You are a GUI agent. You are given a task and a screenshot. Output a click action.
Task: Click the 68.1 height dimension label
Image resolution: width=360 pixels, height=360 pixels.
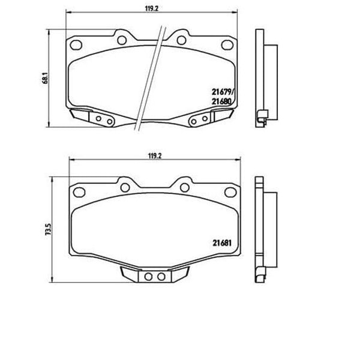coord(45,79)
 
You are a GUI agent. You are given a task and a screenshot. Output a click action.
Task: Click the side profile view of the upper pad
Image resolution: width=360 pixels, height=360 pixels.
coord(265,78)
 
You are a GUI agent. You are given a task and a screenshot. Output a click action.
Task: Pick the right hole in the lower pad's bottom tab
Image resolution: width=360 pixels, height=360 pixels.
coord(161,277)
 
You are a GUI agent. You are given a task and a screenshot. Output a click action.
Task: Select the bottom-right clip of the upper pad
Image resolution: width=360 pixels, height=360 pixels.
coord(203,119)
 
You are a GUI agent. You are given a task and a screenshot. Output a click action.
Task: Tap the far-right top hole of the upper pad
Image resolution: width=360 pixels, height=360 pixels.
coord(227,44)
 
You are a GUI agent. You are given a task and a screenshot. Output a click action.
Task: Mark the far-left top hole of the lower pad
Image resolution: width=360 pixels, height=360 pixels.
coord(78,192)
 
